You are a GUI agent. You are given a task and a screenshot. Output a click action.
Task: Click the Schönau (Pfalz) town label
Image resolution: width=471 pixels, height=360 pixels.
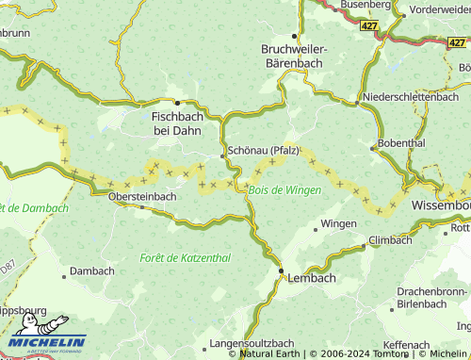point(263,151)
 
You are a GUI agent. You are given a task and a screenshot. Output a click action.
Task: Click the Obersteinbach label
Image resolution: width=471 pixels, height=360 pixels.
point(142,196)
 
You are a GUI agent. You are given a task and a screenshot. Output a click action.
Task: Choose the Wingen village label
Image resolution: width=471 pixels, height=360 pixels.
point(338,224)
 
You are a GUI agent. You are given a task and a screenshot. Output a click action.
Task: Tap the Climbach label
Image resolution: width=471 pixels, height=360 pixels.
point(390,240)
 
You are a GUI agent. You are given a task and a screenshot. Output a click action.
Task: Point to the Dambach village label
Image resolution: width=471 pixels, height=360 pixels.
point(92,270)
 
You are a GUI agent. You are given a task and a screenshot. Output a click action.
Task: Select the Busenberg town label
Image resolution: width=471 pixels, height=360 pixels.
point(365,6)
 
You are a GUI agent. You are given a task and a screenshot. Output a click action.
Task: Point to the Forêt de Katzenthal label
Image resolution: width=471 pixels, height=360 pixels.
point(185,257)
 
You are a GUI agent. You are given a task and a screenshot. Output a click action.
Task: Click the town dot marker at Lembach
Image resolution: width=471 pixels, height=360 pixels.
point(281,271)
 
